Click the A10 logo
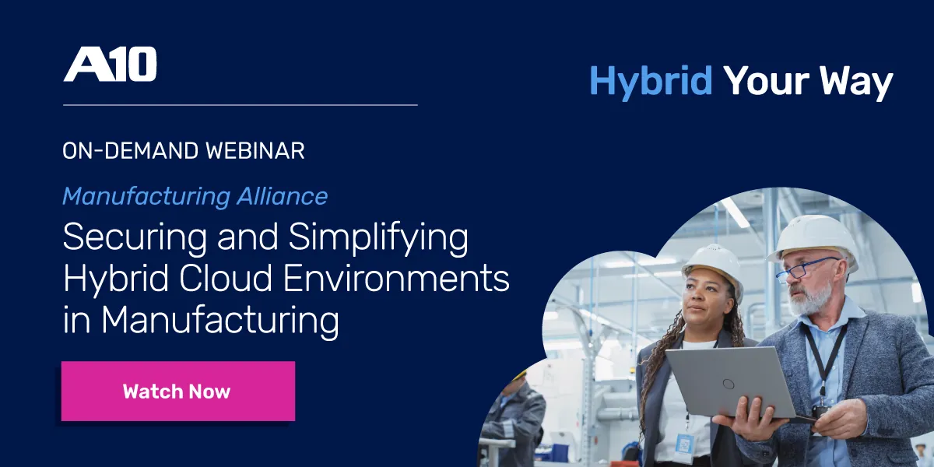click(x=110, y=65)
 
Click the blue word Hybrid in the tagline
click(x=651, y=82)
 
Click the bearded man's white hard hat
click(x=814, y=237)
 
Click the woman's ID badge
click(x=685, y=444)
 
